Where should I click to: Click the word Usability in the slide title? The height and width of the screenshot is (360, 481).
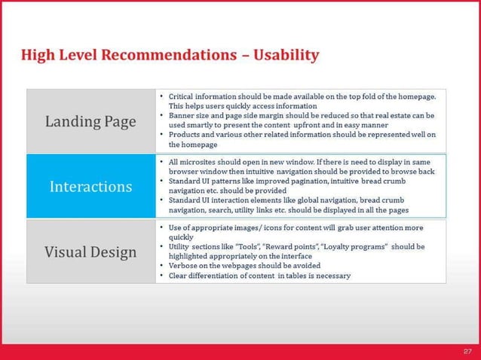[x=286, y=56]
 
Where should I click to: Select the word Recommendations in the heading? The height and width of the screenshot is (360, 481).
[x=169, y=55]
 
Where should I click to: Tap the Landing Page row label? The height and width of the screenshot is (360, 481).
[x=90, y=122]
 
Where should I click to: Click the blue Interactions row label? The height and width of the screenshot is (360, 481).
[x=90, y=187]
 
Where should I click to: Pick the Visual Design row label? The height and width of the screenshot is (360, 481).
[x=90, y=252]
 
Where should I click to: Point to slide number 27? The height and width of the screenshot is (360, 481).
[x=467, y=352]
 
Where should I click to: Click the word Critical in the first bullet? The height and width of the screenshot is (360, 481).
[x=181, y=96]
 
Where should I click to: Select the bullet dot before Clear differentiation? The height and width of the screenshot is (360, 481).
[x=161, y=275]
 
